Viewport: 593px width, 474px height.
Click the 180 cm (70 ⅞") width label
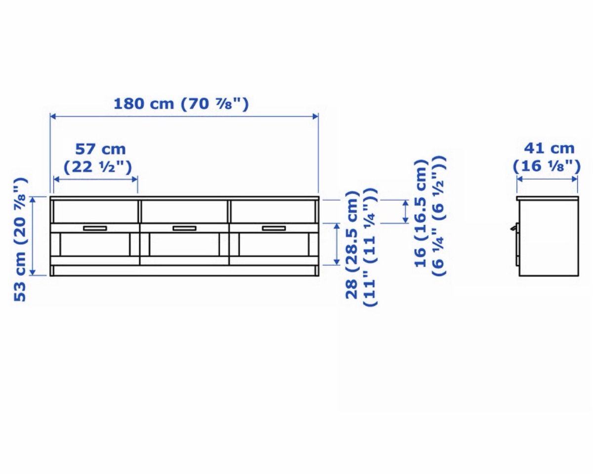tap(181, 104)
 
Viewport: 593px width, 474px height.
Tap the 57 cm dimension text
tap(101, 149)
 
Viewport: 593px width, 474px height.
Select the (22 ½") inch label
tap(98, 167)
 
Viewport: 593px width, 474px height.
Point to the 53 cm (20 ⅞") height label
tap(21, 239)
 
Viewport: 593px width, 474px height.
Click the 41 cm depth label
tap(549, 149)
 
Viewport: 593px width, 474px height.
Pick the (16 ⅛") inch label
tap(547, 166)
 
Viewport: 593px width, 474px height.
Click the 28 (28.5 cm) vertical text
tap(352, 245)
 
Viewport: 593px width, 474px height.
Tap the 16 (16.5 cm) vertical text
tap(421, 213)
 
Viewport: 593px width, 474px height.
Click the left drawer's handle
tap(95, 228)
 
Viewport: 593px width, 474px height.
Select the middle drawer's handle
tap(184, 228)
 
